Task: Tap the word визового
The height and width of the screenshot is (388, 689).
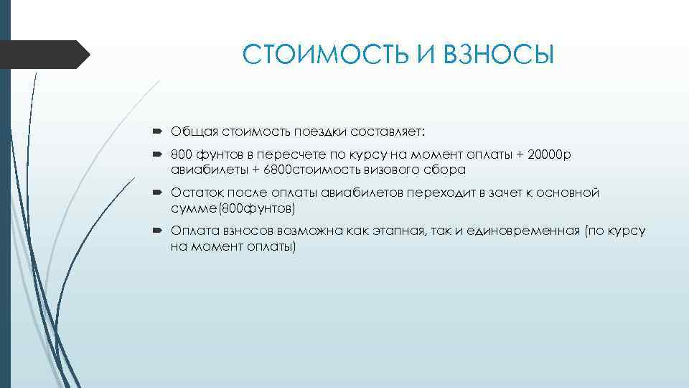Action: tap(397, 170)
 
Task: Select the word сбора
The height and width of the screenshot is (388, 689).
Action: tap(447, 170)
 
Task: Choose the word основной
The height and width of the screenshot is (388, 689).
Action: tap(563, 193)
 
